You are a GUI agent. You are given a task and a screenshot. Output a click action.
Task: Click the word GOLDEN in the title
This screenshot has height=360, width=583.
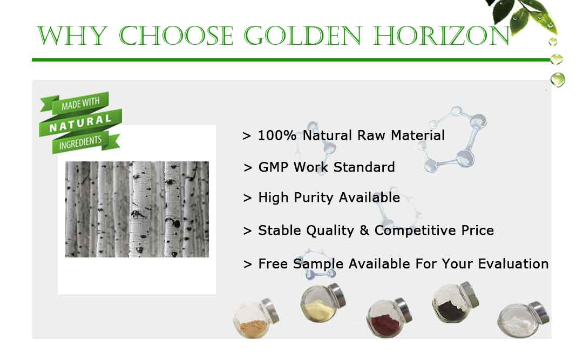point(303,36)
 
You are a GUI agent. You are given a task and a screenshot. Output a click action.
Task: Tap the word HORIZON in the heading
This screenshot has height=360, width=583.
point(442,36)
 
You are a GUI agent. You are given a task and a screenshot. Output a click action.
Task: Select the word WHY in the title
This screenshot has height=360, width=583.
point(72,36)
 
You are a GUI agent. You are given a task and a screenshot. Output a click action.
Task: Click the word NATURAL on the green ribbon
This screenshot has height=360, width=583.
point(80,123)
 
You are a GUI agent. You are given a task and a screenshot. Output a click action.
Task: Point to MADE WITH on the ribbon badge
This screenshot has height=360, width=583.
point(80,104)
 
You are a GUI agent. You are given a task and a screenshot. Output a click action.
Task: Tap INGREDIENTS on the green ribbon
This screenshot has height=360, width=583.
point(80,142)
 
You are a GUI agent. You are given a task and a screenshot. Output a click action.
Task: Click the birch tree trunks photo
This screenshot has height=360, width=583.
point(137,209)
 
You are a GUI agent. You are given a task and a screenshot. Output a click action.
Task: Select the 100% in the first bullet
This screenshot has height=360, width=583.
point(277,135)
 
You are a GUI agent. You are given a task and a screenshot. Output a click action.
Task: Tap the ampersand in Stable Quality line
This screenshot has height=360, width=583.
point(364,230)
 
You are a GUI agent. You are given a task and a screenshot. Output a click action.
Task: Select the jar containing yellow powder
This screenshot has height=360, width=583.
point(323,303)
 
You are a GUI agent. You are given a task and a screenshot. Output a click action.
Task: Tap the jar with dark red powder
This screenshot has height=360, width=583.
point(389,317)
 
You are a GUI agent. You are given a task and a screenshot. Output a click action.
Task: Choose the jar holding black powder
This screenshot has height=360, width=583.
point(455,302)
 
